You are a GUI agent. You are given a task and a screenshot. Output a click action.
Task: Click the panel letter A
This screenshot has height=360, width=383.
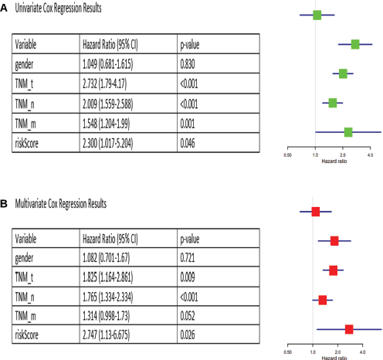pos(4,8)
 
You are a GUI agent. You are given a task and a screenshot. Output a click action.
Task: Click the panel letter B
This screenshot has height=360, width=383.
pos(4,204)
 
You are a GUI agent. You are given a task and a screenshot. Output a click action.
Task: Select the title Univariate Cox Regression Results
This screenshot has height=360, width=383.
pos(58,8)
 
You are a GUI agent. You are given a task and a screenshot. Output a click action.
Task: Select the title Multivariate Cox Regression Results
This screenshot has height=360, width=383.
pos(61,204)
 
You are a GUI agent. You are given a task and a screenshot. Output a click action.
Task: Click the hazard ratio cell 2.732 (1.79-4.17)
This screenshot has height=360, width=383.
pos(105,83)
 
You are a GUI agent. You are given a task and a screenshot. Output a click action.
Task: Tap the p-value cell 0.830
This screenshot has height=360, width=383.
pos(188,64)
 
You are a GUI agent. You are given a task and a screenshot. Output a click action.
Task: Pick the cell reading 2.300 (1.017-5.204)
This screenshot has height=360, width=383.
pos(108,143)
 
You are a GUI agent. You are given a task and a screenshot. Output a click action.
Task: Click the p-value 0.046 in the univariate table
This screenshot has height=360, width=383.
pos(188,143)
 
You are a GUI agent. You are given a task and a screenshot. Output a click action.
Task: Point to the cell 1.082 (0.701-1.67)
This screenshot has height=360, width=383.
pos(106,258)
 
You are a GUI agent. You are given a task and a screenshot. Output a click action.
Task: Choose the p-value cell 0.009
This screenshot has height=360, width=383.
pos(188,277)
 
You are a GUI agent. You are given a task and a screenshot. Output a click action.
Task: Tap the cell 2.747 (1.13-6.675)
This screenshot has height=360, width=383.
pos(106,335)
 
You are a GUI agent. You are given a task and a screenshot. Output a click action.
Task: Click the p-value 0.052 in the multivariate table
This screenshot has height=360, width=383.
pos(188,316)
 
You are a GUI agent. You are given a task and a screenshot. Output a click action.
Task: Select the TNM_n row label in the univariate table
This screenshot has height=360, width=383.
pos(25,104)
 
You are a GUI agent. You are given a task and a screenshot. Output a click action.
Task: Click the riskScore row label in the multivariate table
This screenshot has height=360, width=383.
pos(27,335)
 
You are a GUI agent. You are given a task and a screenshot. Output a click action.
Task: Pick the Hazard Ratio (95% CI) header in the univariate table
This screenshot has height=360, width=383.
pos(110,45)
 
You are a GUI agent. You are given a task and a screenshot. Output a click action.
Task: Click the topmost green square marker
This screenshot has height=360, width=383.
pos(317,15)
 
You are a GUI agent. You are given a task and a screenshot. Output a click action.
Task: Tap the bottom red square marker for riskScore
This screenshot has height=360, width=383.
pos(349,329)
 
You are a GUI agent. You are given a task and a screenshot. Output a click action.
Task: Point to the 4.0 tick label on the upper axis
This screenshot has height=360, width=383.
pos(370,155)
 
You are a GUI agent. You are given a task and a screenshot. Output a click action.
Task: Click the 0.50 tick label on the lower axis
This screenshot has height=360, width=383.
pos(287,352)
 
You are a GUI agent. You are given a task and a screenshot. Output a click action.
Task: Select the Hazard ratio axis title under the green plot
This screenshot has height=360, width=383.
pos(334,161)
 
